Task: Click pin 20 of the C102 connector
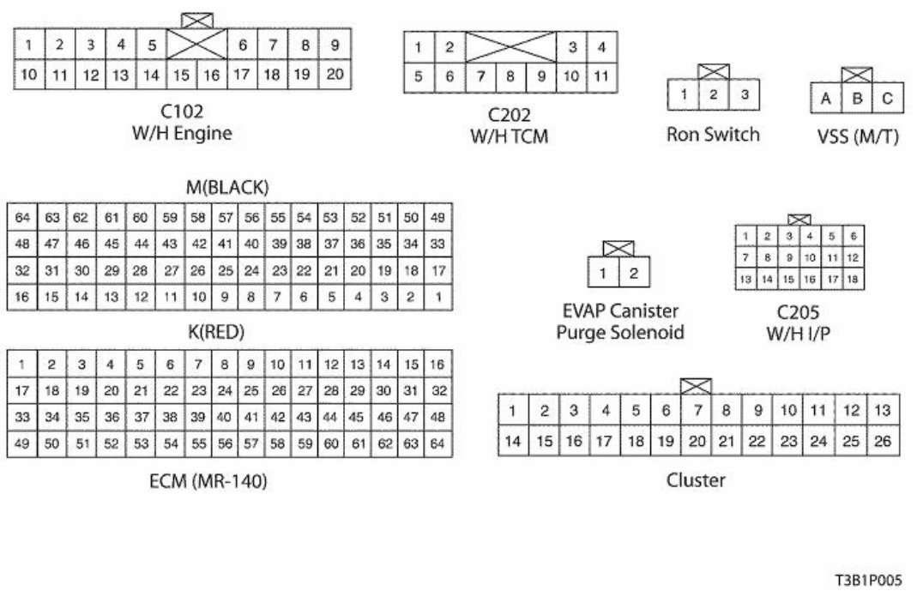click(x=335, y=75)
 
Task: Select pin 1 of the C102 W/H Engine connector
click(x=29, y=45)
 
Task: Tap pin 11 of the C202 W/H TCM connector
click(x=601, y=76)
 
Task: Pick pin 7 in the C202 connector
click(x=482, y=76)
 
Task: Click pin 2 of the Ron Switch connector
click(x=713, y=95)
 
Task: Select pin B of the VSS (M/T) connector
click(x=856, y=99)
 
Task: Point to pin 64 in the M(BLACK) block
click(x=22, y=218)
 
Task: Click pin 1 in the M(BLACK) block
click(x=437, y=297)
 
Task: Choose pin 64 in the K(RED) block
click(x=437, y=444)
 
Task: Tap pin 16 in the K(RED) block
click(x=437, y=365)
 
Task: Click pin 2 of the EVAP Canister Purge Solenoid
click(x=634, y=274)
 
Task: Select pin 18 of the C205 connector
click(x=852, y=279)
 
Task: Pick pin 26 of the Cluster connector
click(x=884, y=441)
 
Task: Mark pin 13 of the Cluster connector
click(x=884, y=410)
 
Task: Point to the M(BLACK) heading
click(x=228, y=187)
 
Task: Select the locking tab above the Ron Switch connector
click(x=713, y=71)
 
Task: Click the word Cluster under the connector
click(x=696, y=480)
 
